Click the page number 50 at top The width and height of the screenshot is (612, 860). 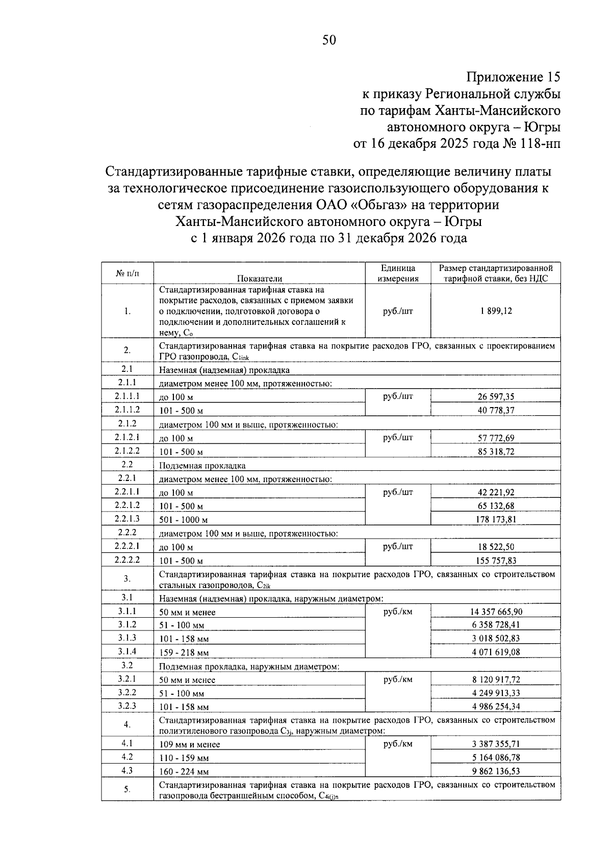tap(329, 40)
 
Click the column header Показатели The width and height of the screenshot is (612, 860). tap(259, 278)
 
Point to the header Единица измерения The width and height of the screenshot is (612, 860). tap(398, 273)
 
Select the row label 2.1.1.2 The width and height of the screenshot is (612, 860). tap(127, 410)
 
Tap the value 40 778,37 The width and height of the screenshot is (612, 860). tap(496, 410)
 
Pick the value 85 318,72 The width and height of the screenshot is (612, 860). tap(496, 451)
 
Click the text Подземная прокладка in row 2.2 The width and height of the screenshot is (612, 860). tap(202, 466)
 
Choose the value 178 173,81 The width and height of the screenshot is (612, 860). tap(496, 520)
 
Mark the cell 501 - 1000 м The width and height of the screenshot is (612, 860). tap(184, 520)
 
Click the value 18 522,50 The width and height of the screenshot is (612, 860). tap(496, 547)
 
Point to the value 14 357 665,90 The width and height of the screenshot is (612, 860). tap(496, 612)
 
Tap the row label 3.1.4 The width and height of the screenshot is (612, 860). tap(127, 651)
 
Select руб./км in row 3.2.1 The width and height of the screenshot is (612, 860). tap(398, 679)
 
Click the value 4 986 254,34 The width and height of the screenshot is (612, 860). tap(496, 707)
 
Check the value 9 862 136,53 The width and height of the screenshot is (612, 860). tap(496, 771)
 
